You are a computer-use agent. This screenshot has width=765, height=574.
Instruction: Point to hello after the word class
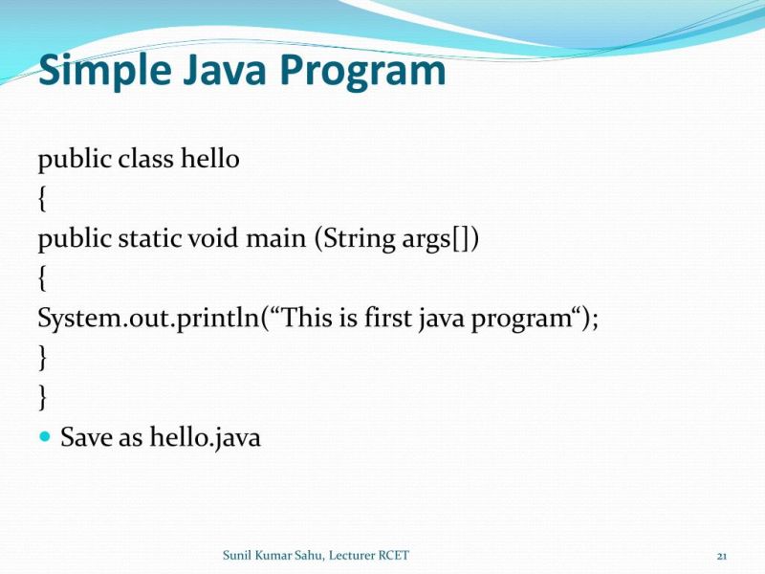[209, 158]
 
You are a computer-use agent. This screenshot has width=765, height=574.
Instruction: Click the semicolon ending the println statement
[595, 319]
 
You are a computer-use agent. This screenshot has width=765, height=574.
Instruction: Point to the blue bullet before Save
[45, 436]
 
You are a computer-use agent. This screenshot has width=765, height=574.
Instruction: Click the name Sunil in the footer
[238, 555]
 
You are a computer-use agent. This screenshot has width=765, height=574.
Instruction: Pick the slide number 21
[722, 556]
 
